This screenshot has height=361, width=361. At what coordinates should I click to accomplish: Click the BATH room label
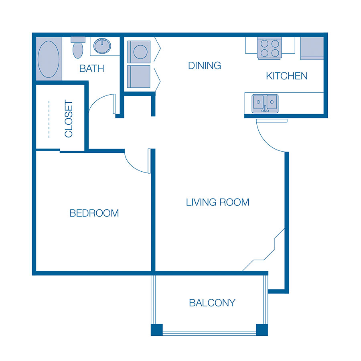click(91, 68)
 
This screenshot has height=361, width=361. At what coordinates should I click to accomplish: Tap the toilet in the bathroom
click(78, 47)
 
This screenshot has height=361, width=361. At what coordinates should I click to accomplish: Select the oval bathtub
click(49, 59)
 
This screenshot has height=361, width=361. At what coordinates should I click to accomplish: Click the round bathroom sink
click(102, 46)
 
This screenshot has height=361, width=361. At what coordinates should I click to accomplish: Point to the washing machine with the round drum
click(139, 52)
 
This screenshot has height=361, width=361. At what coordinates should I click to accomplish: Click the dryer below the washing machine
click(139, 77)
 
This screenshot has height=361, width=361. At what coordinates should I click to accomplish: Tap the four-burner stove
click(270, 49)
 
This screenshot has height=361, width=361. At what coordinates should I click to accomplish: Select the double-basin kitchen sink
click(265, 103)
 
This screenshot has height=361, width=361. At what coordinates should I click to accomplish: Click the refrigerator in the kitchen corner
click(312, 49)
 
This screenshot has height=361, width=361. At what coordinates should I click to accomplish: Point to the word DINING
click(205, 66)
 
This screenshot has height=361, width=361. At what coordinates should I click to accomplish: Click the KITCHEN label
click(287, 76)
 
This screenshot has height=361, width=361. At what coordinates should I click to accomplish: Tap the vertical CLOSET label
click(69, 119)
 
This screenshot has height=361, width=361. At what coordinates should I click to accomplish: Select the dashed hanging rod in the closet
click(49, 119)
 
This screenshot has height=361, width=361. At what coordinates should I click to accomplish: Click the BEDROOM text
click(94, 213)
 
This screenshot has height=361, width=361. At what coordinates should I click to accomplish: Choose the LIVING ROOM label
click(217, 203)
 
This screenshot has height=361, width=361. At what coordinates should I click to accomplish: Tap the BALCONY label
click(212, 303)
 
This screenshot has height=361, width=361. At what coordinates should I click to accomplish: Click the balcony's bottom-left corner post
click(157, 330)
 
